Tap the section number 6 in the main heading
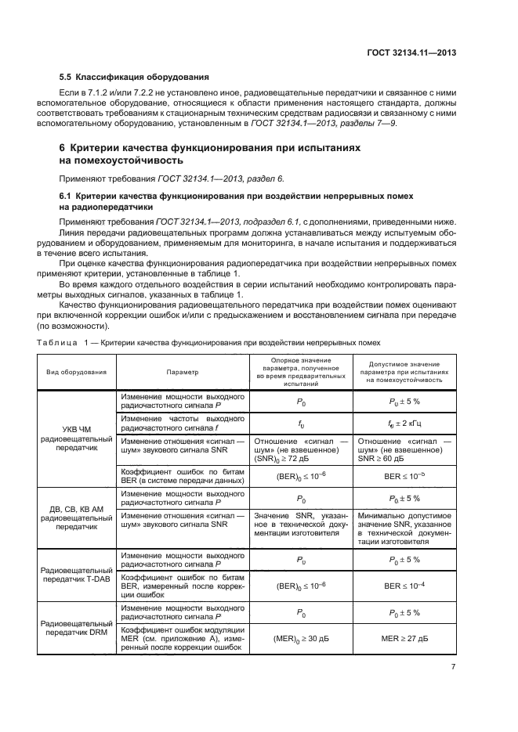pyautogui.click(x=63, y=148)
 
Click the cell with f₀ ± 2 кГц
pyautogui.click(x=404, y=424)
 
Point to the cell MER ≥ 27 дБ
pyautogui.click(x=404, y=640)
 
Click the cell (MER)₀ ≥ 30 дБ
pyautogui.click(x=300, y=640)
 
